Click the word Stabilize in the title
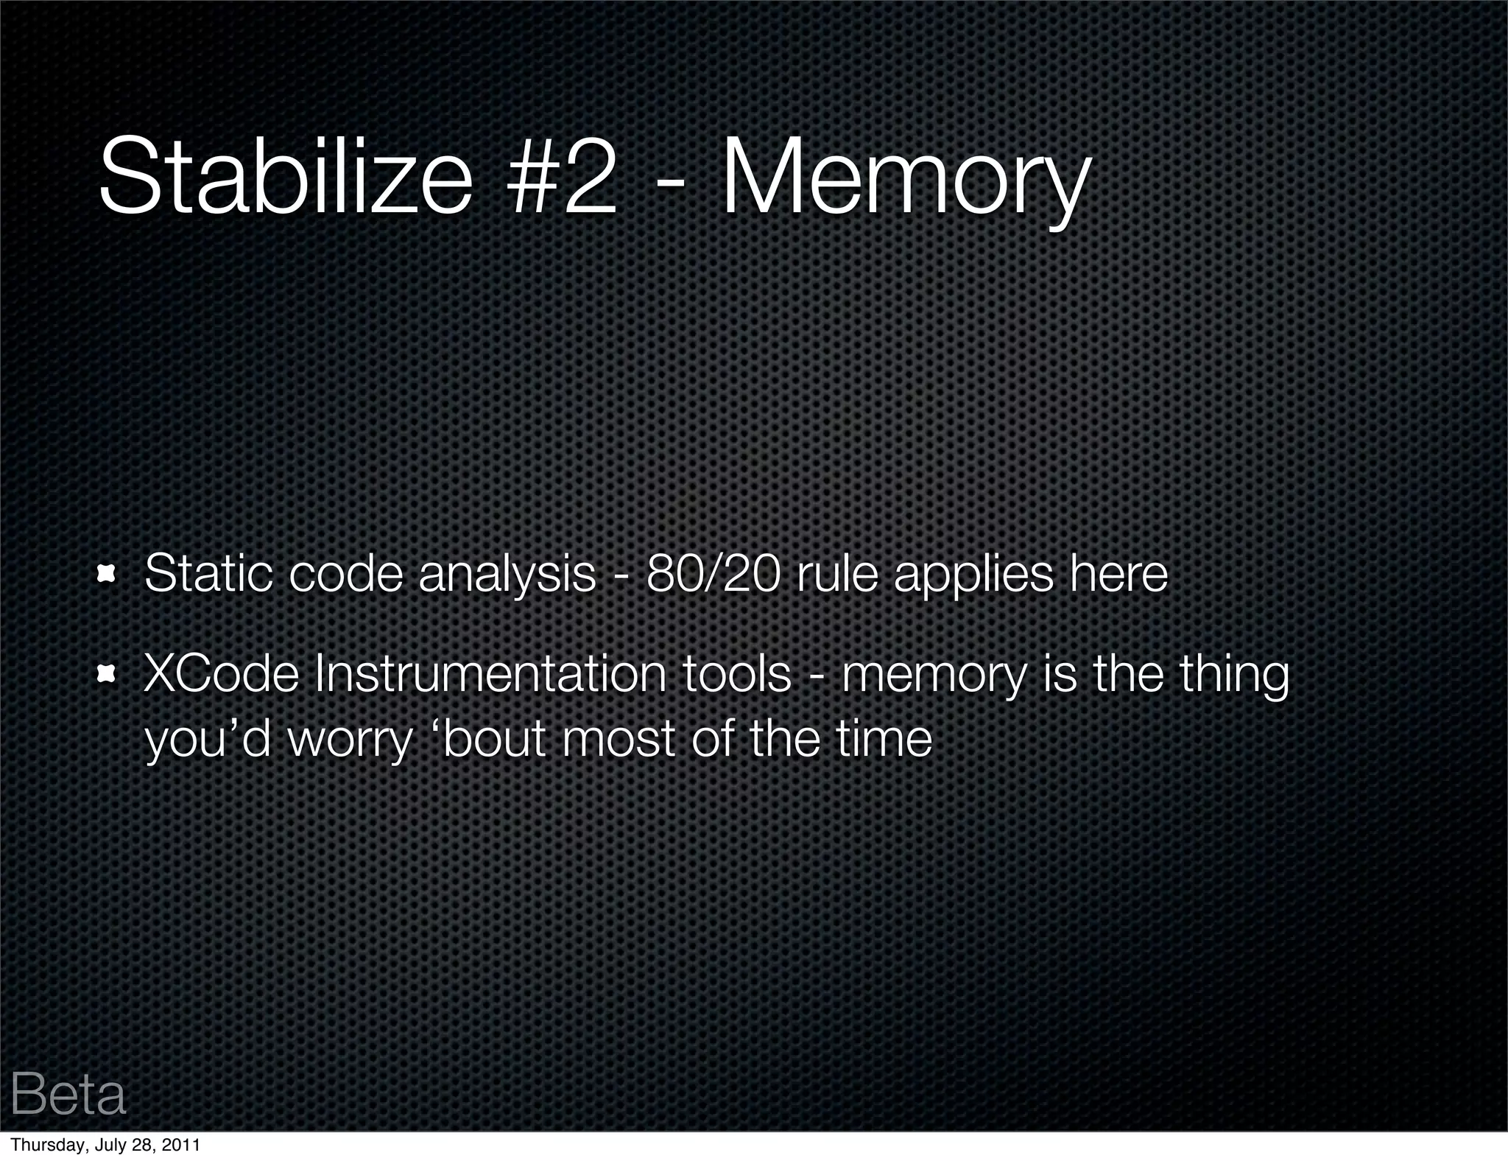tap(284, 177)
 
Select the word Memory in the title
tap(904, 180)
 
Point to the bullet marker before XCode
tap(108, 673)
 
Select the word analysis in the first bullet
tap(507, 575)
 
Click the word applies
tap(973, 575)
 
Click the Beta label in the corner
tap(68, 1095)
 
